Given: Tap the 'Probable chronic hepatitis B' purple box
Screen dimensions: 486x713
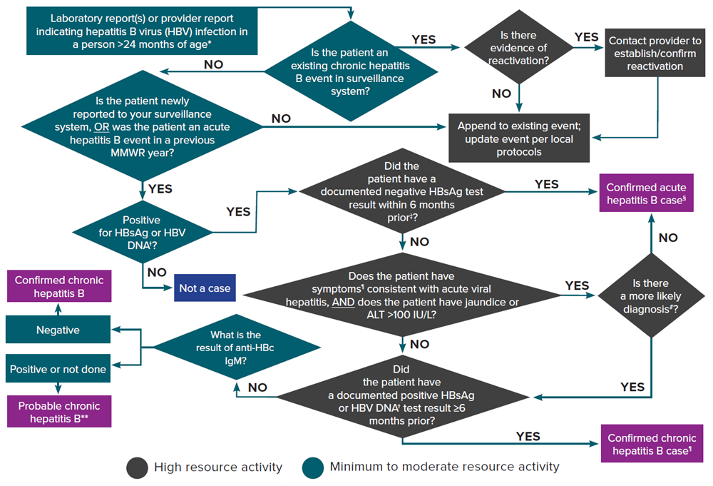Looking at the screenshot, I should (x=58, y=412).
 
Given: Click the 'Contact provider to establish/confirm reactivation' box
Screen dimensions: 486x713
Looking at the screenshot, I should (x=655, y=54).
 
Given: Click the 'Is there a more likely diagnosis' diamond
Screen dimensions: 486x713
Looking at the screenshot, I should (x=651, y=295).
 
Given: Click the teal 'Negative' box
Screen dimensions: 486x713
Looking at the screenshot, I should (x=58, y=330).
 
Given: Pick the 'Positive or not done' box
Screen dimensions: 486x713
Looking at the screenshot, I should (x=58, y=370).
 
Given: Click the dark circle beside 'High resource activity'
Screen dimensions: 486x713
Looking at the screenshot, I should (x=138, y=467).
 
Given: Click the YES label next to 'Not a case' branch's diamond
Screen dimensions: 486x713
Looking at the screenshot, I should (x=238, y=212).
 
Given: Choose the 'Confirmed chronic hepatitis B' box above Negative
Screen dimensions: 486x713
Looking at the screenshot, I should (x=58, y=287).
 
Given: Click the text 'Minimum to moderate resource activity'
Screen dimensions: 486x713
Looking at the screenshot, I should (x=444, y=467).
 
